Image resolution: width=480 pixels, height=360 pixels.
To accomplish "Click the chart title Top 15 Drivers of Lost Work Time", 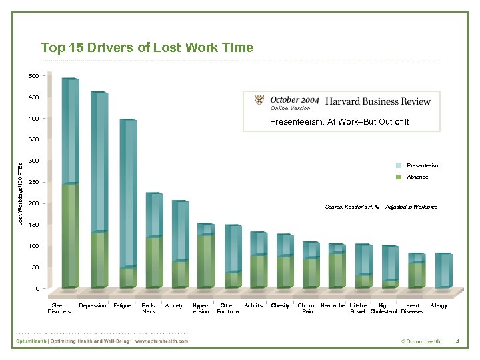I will (x=147, y=47).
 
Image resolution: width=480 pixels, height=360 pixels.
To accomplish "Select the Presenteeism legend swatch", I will (x=398, y=165).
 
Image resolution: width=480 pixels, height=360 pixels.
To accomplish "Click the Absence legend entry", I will (x=417, y=177).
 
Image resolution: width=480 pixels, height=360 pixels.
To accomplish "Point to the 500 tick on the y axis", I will (x=33, y=76).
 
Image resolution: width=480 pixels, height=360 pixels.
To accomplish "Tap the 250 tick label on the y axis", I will (x=33, y=182).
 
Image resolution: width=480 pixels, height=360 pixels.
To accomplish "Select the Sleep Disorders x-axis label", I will (x=59, y=308).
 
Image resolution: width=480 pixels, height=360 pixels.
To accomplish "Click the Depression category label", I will (x=93, y=305).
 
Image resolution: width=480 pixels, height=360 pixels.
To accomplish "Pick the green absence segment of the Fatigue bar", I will (x=127, y=277).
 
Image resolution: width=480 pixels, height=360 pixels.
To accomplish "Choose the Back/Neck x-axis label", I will (x=149, y=308).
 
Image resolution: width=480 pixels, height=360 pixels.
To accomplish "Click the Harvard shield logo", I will (x=259, y=100).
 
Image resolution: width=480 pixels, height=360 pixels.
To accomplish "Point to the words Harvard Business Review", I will (x=377, y=101).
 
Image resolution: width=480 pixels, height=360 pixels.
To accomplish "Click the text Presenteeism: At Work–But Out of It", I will (x=339, y=122).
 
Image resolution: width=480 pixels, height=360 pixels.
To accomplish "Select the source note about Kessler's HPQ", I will (x=381, y=207).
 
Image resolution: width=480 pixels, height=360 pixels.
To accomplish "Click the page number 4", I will (x=457, y=342).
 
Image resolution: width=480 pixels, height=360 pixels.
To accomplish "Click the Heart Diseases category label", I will (x=413, y=308).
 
